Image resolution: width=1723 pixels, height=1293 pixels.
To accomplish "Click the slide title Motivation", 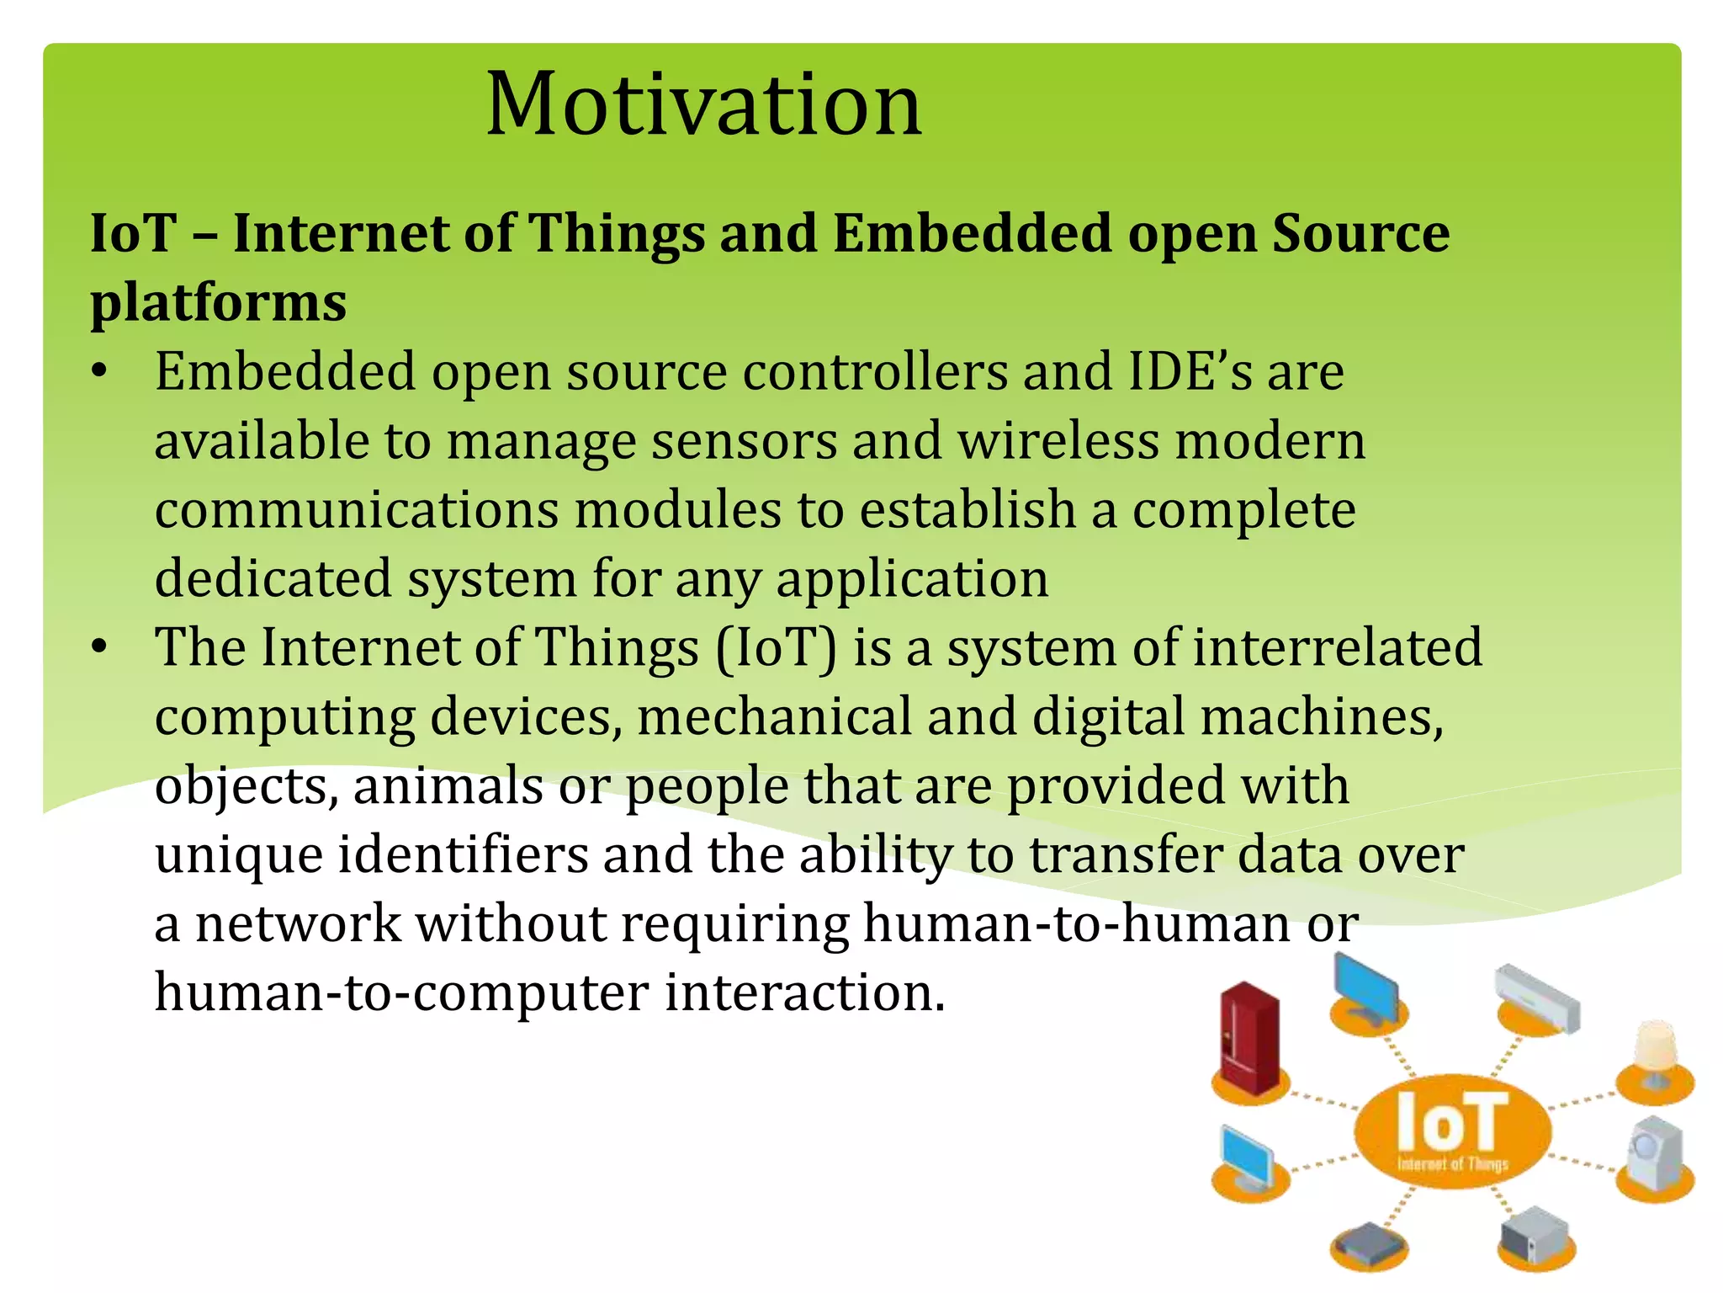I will point(703,104).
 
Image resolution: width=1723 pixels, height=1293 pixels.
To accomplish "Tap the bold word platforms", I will point(218,302).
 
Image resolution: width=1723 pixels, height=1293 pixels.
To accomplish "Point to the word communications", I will point(357,510).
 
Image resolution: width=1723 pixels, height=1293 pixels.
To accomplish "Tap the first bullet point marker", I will point(100,371).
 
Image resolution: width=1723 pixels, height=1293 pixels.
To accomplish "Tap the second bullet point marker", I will point(100,647).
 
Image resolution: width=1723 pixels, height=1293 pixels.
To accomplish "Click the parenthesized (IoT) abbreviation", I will point(776,648).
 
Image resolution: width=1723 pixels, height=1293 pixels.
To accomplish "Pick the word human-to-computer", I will point(401,992).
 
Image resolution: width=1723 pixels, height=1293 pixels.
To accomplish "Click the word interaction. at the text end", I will point(805,992).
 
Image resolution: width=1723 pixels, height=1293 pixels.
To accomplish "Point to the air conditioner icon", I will point(1538,998).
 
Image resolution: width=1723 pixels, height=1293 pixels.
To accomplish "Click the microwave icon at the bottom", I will point(1536,1233).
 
